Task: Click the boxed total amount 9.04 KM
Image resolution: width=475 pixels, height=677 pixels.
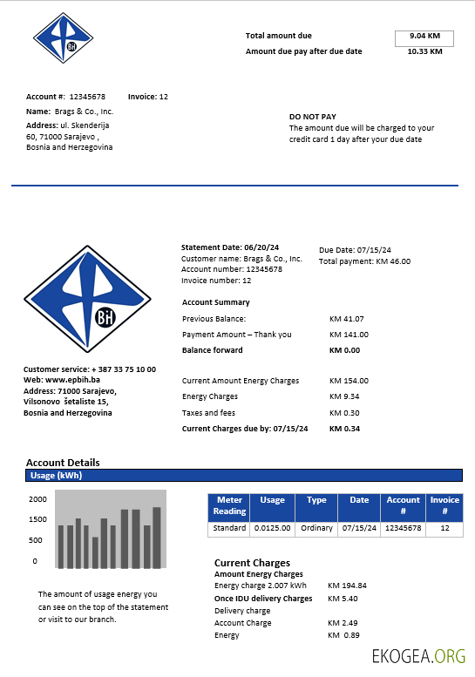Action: pos(424,37)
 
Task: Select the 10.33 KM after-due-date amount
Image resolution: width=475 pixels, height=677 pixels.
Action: pos(424,51)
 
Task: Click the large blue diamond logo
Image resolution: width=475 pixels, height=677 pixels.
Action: pos(87,298)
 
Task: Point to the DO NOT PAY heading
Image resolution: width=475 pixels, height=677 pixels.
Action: pos(313,116)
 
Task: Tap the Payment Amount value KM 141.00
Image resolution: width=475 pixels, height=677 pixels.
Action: pos(349,335)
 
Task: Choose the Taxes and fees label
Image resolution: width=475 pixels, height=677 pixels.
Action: pos(208,413)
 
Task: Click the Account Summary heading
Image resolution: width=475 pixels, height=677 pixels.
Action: pos(215,302)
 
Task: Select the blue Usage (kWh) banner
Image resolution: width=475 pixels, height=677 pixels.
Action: pos(243,476)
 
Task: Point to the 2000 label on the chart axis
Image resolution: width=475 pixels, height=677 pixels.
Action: pos(37,500)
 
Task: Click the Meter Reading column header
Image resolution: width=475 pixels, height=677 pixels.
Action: pos(229,506)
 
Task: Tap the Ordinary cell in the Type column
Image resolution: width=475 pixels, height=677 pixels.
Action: pos(316,528)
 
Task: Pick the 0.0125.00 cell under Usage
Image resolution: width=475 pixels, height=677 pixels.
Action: pos(272,528)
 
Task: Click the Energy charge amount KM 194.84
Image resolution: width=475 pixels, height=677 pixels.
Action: pos(347,586)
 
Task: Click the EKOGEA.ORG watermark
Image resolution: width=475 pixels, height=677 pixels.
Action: pos(418,656)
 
